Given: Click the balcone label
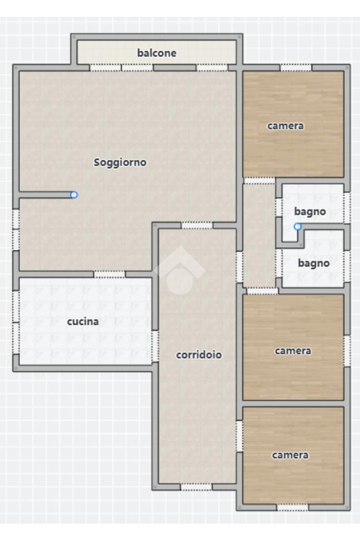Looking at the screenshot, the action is [x=157, y=53].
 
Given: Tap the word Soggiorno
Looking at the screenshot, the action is [x=120, y=162].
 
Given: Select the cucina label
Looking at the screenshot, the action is [x=83, y=322].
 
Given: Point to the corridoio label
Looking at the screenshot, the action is [x=199, y=355].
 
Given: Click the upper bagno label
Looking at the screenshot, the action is [x=310, y=212].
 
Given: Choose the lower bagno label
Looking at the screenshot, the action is [x=314, y=264].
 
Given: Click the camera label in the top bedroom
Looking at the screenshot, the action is [x=286, y=126].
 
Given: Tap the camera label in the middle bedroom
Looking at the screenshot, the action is [x=293, y=351].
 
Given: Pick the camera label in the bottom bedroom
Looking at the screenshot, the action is [x=290, y=455].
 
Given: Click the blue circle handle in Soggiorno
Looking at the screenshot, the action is [x=74, y=195].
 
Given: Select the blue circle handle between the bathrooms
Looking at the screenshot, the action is [x=298, y=227].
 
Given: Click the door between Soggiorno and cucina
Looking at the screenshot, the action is [x=110, y=274].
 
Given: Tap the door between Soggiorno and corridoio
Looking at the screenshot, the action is [x=197, y=225].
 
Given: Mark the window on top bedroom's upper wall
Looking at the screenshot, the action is [x=296, y=68].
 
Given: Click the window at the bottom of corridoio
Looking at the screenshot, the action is [x=196, y=487].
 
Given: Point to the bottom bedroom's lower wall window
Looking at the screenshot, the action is [x=293, y=507].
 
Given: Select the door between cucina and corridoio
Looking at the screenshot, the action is [x=155, y=346].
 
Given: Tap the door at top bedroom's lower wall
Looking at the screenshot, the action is [x=259, y=180].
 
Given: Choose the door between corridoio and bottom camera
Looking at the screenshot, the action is [x=239, y=436].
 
